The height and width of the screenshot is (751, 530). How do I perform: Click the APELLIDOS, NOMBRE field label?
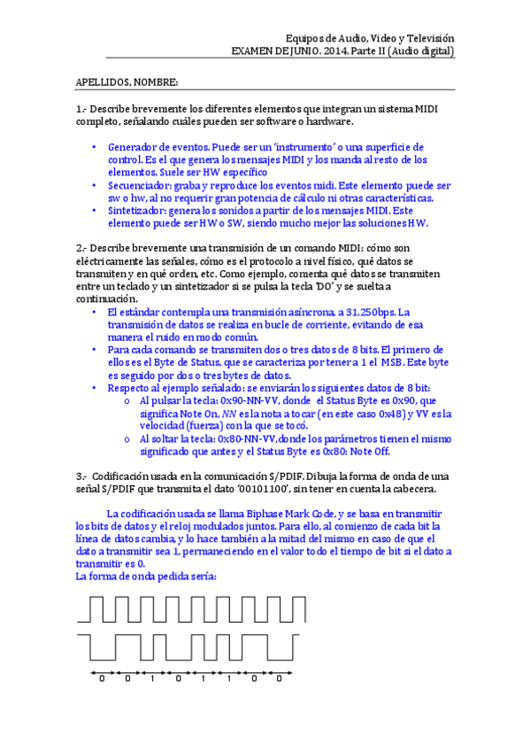tap(127, 83)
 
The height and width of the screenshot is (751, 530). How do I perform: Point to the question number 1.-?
tap(81, 109)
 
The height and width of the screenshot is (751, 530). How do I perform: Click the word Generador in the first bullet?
tap(134, 147)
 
